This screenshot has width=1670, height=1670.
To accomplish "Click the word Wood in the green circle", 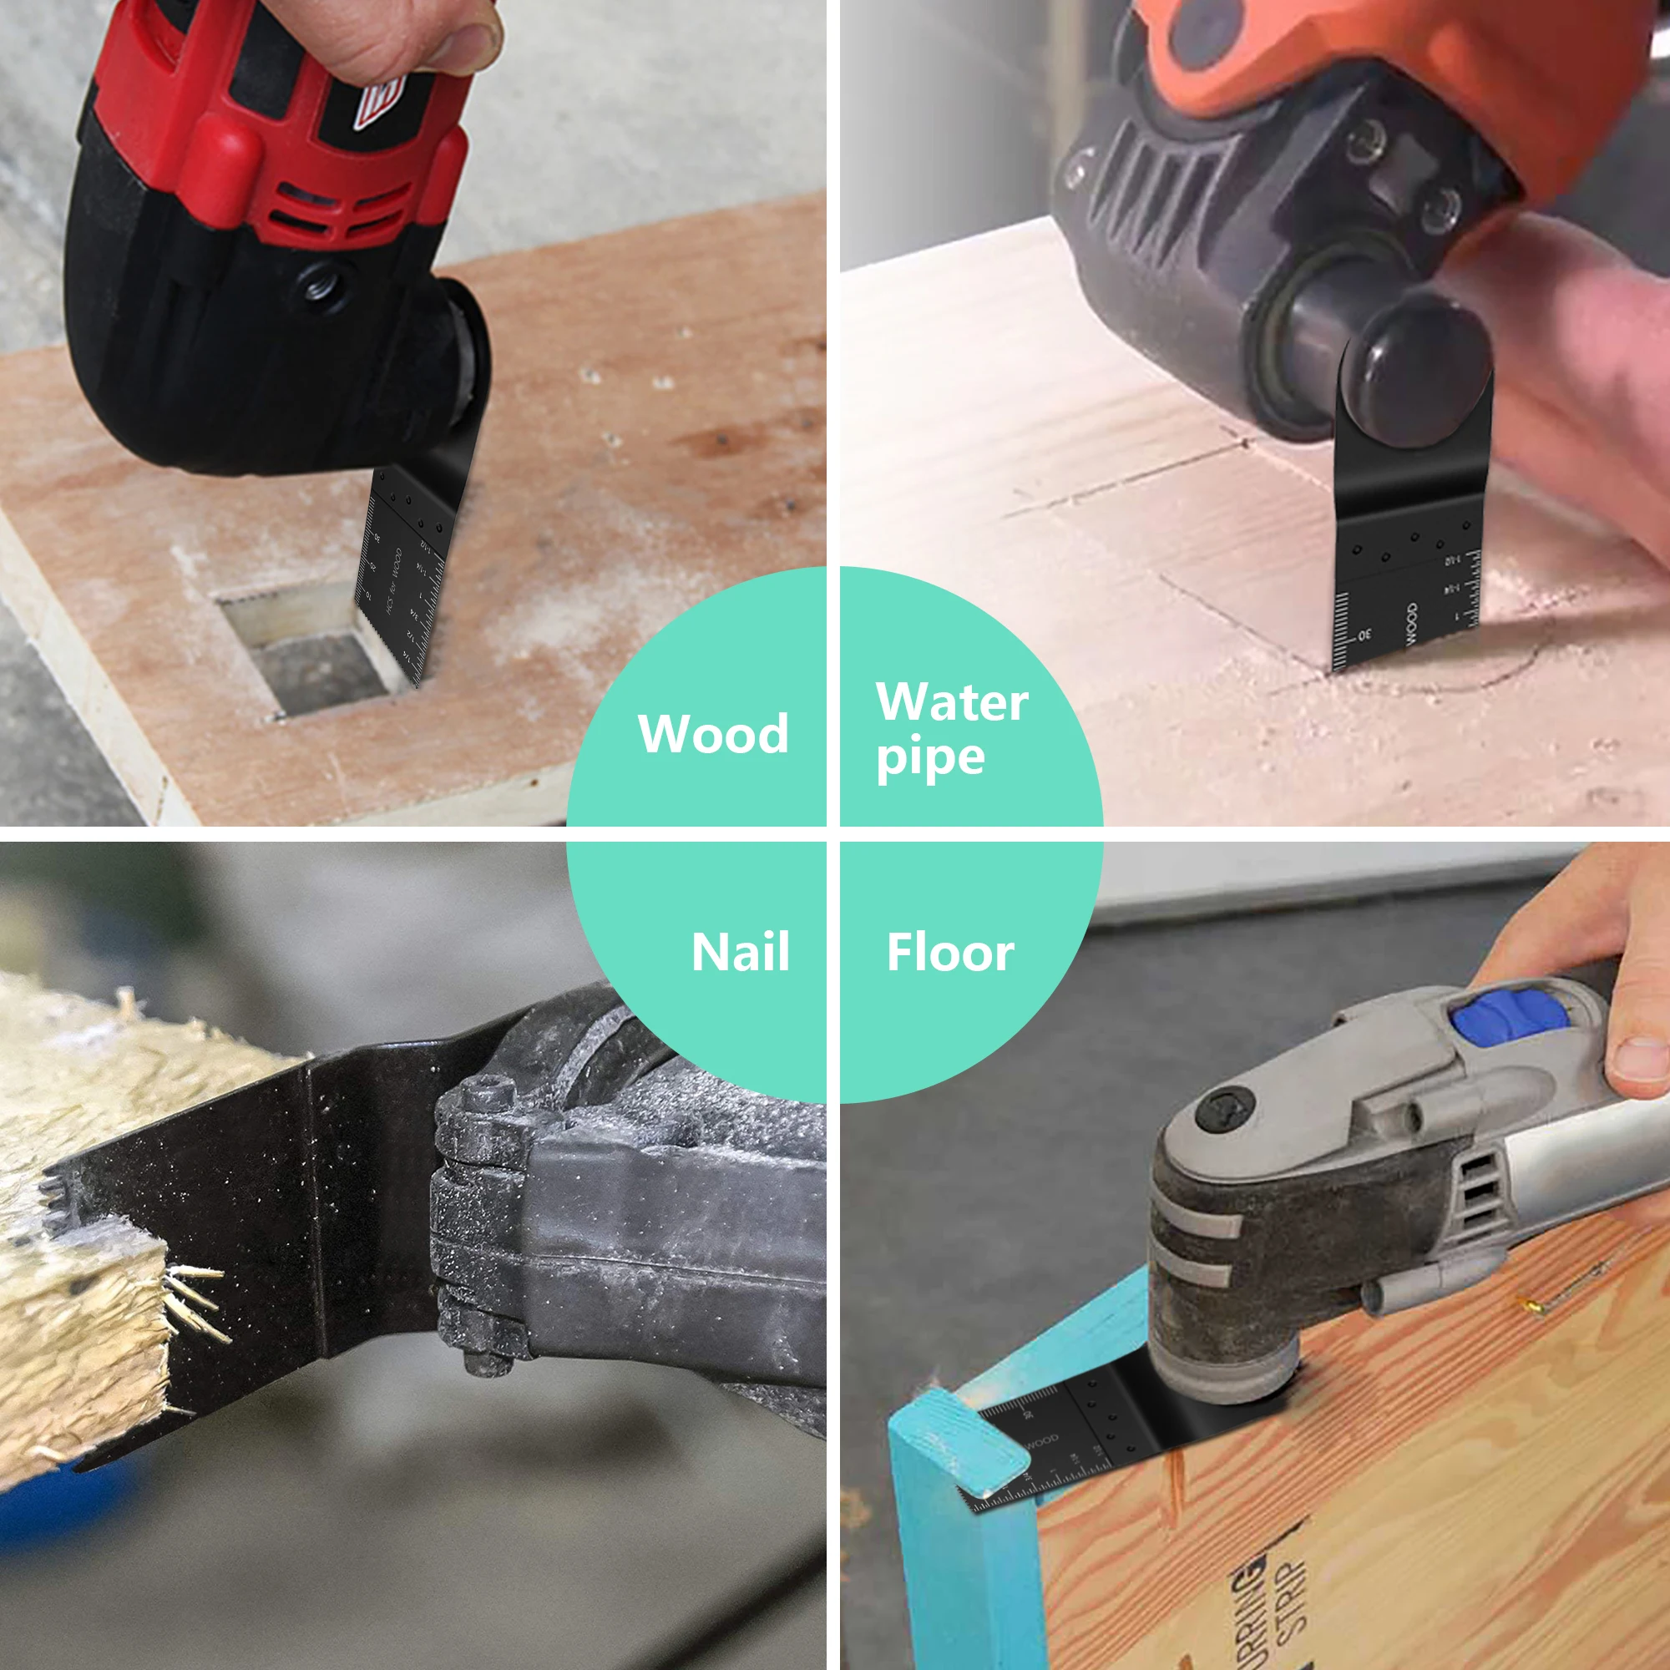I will click(713, 734).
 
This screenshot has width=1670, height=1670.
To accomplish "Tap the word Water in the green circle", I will click(952, 702).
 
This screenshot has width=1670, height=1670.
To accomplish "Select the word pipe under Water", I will click(930, 759).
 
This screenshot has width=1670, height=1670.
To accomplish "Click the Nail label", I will click(740, 953).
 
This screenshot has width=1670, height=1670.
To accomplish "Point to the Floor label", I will click(950, 953).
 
